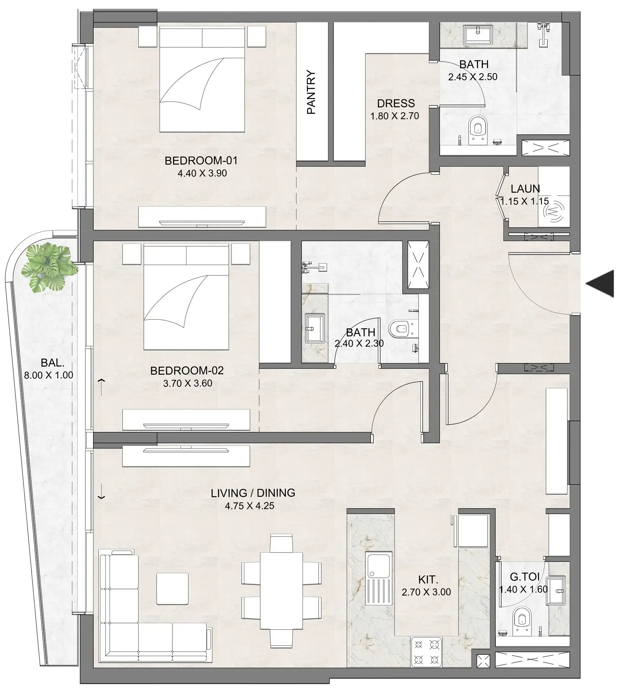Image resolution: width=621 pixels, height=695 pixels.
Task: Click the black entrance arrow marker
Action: click(602, 284)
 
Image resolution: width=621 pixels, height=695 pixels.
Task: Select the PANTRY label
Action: click(311, 92)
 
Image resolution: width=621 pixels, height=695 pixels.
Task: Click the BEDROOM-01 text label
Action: click(201, 161)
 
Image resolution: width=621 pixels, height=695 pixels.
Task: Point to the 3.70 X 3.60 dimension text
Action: click(188, 383)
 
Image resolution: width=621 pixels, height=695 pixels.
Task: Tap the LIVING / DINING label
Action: click(253, 493)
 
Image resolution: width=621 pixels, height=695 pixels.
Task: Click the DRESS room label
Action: click(396, 103)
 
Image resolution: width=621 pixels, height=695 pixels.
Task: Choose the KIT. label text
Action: click(428, 579)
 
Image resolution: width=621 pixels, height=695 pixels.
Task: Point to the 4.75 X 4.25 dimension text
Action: click(249, 506)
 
